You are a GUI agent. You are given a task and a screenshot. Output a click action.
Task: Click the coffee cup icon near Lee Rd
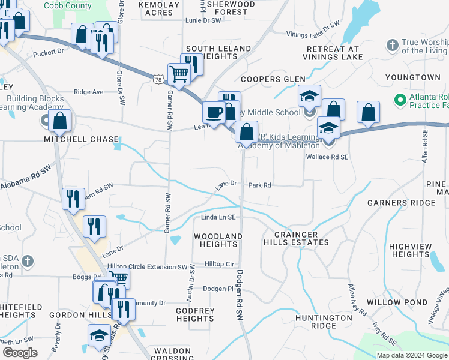214,112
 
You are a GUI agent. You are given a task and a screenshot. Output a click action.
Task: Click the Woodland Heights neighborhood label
218,240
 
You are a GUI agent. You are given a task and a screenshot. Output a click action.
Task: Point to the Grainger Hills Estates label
296,238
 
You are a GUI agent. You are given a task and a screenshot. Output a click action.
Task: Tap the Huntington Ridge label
323,322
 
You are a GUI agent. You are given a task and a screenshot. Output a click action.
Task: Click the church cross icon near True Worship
392,46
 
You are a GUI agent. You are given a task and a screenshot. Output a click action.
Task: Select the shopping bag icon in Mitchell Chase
60,121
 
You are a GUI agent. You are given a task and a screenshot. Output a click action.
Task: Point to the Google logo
20,352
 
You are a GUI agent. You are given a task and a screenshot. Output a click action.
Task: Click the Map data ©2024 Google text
411,355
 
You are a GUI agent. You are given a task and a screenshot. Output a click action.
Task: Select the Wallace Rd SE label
327,156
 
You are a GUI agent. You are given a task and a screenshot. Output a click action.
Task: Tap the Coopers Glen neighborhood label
273,79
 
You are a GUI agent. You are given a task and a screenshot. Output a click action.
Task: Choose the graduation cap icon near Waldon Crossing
99,337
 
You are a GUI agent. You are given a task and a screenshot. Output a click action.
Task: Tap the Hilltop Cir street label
219,264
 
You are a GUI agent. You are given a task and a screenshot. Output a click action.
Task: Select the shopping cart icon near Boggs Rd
118,278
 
